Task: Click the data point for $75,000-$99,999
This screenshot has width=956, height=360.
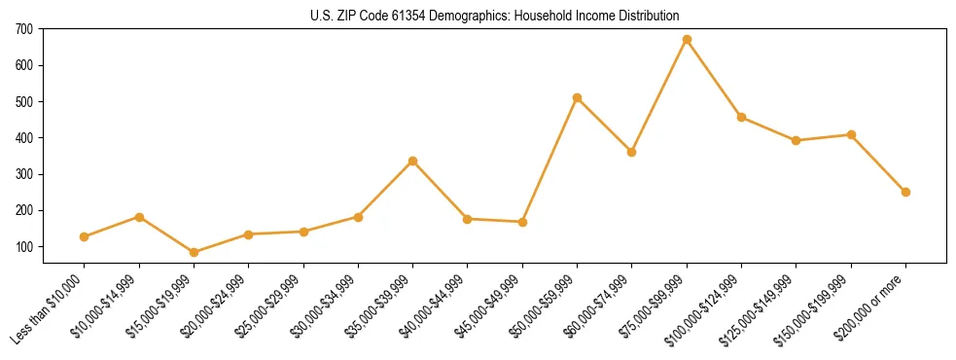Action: click(687, 40)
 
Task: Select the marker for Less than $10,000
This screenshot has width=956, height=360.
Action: click(85, 236)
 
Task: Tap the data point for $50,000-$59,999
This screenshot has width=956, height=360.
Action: click(577, 97)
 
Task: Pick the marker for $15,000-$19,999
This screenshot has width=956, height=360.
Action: click(194, 252)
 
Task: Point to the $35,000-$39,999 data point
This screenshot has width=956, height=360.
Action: click(412, 161)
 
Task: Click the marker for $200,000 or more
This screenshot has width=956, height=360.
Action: click(905, 192)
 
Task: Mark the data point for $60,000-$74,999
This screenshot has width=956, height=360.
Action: click(632, 152)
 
